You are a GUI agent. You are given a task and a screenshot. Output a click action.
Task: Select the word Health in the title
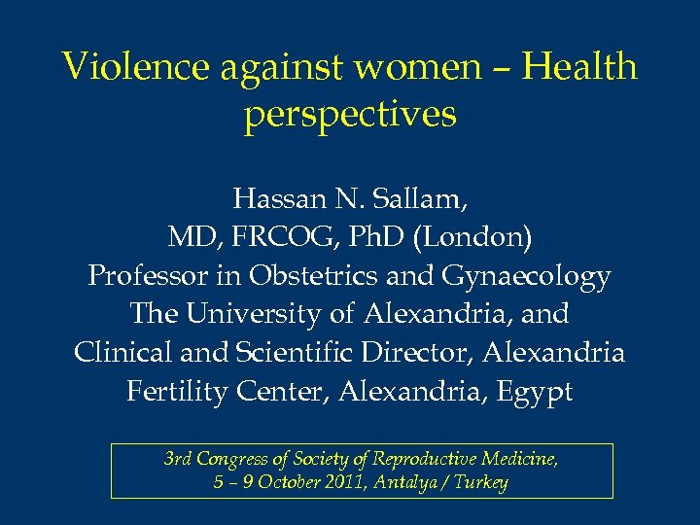tap(579, 67)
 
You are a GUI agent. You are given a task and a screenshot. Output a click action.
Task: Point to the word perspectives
tap(350, 115)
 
